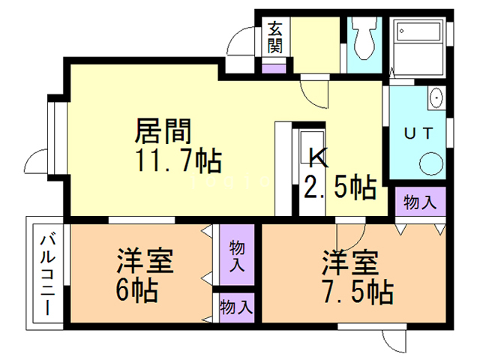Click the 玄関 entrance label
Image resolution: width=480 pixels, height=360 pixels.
[275, 38]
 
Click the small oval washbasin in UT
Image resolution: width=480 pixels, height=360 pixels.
[435, 99]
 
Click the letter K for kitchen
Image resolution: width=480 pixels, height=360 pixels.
[318, 157]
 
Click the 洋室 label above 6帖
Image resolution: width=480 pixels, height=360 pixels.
[144, 262]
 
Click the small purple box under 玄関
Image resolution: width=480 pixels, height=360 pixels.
[275, 69]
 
